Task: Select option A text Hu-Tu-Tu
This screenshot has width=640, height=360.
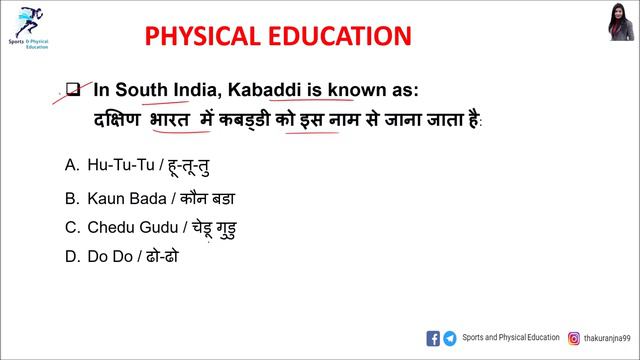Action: pyautogui.click(x=121, y=163)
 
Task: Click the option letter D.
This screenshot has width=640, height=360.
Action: pyautogui.click(x=71, y=256)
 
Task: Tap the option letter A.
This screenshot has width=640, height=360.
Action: pyautogui.click(x=71, y=163)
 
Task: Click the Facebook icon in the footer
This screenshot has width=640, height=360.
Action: pyautogui.click(x=433, y=338)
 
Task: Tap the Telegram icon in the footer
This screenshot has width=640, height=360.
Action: pyautogui.click(x=450, y=338)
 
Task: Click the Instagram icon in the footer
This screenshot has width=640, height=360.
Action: pyautogui.click(x=574, y=338)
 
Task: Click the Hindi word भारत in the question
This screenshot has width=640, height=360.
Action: pyautogui.click(x=170, y=120)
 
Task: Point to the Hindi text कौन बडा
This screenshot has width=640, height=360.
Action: pyautogui.click(x=208, y=198)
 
